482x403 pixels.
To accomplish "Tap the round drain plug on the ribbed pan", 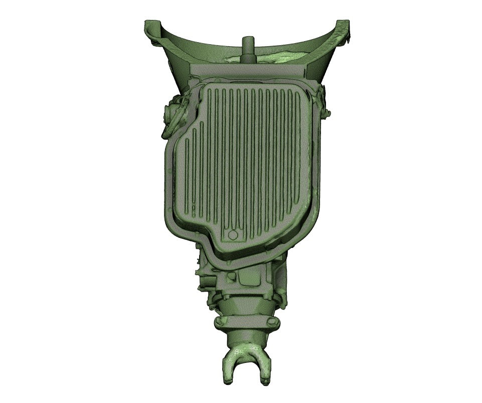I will pyautogui.click(x=233, y=235).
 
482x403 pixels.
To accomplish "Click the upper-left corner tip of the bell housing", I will pyautogui.click(x=149, y=25).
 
